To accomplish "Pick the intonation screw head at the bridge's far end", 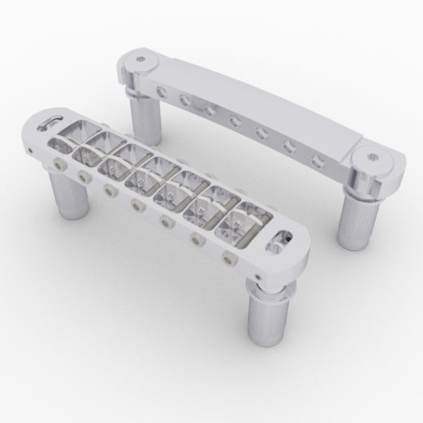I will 57,164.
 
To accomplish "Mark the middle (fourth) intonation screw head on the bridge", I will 136,206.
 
